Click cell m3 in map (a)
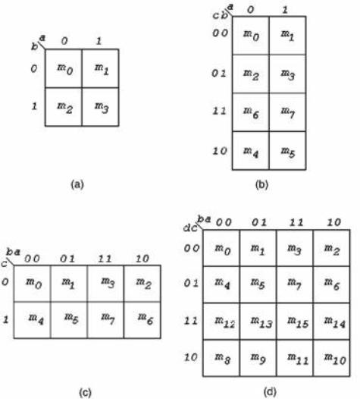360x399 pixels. (x=101, y=107)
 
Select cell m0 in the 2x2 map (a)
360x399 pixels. (x=64, y=68)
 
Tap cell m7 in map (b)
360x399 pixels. (x=287, y=112)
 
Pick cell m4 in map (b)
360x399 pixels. (x=251, y=151)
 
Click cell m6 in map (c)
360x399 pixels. (x=142, y=320)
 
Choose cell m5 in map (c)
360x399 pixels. (x=69, y=320)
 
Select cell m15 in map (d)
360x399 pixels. (x=295, y=322)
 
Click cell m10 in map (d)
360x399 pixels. (x=332, y=358)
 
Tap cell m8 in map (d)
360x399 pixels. (x=221, y=358)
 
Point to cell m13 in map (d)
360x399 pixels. (x=258, y=322)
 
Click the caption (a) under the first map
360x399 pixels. (x=77, y=184)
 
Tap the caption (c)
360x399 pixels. (x=85, y=392)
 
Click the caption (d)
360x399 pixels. (x=270, y=391)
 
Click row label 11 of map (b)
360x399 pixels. (x=219, y=112)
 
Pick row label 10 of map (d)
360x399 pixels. (x=191, y=357)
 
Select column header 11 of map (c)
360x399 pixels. (x=105, y=259)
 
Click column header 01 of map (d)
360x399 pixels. (x=259, y=222)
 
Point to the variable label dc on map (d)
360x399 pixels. (x=190, y=228)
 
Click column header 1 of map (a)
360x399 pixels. (x=99, y=41)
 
